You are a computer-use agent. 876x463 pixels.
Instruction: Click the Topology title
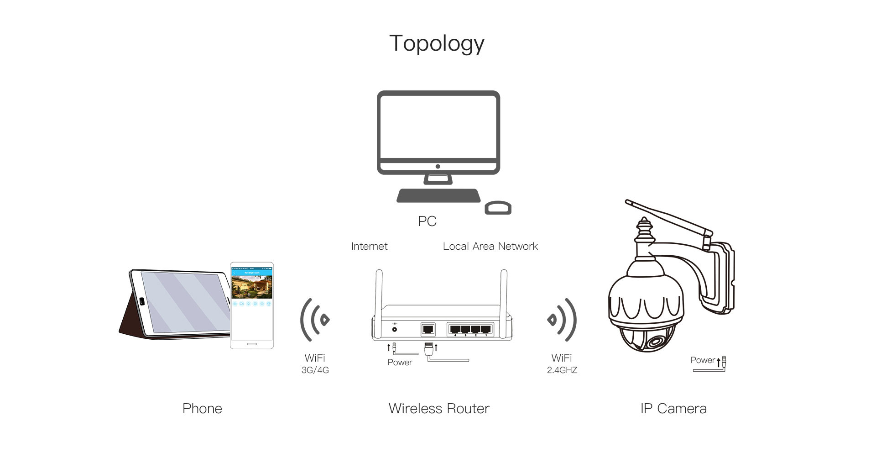(437, 44)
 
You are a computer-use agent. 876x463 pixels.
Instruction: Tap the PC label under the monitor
(427, 221)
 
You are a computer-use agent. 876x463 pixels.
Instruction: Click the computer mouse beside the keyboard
(498, 208)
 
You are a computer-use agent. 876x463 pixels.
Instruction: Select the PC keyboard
(438, 196)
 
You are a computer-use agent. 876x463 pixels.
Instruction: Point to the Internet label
(369, 247)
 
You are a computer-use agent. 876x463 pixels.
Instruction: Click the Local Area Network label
(490, 247)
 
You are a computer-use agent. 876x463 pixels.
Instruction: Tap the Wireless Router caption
(438, 408)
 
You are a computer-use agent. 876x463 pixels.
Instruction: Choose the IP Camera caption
(673, 408)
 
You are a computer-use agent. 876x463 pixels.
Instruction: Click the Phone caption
(202, 408)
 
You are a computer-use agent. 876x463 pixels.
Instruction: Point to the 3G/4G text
(315, 370)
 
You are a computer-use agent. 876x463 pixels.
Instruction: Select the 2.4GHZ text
(562, 370)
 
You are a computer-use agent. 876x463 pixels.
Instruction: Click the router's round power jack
(394, 329)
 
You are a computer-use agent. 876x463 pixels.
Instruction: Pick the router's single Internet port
(428, 329)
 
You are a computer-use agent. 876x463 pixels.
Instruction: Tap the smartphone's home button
(252, 343)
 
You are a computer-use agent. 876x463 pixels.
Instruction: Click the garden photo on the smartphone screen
(252, 286)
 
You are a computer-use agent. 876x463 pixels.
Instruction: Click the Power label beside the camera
(702, 360)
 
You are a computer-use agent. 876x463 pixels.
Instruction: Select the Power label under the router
(400, 363)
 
